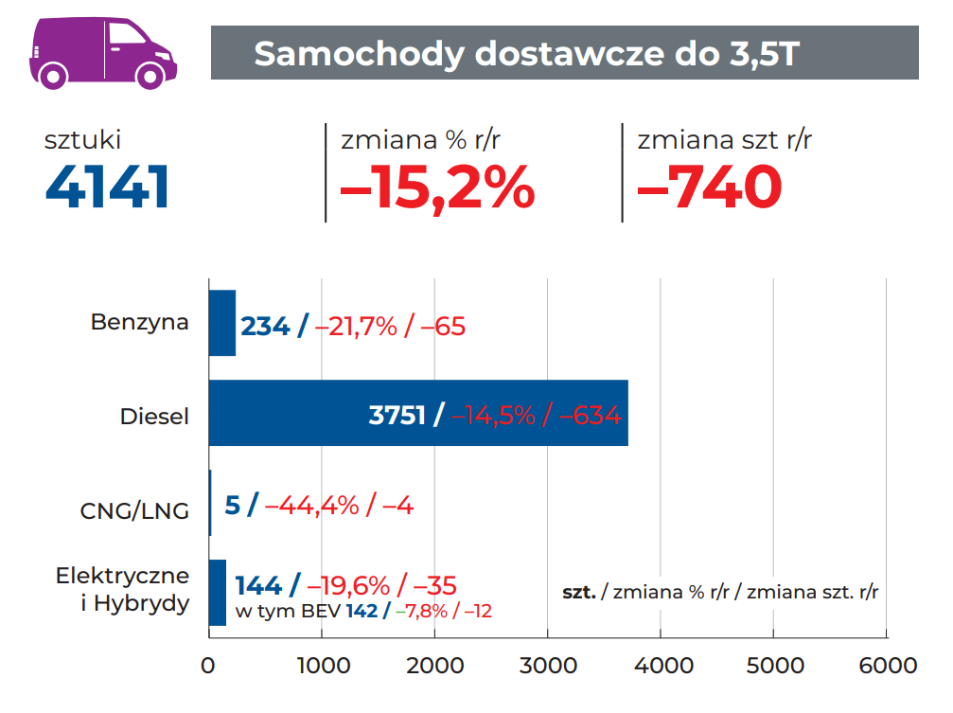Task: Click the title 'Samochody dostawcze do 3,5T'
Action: point(527,53)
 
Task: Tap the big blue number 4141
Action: point(107,187)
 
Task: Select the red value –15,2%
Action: point(437,187)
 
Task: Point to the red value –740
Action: point(710,187)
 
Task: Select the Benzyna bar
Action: point(221,323)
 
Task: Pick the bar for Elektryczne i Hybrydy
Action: point(218,592)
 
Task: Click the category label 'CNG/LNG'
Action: point(134,511)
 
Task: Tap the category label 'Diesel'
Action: point(154,416)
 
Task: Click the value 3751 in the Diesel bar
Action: point(397,415)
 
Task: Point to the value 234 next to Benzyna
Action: point(265,327)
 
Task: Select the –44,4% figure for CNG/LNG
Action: point(311,505)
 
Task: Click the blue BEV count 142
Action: point(362,611)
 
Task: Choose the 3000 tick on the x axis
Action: point(547,665)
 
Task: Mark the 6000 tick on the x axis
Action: point(887,665)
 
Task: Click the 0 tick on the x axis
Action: point(208,665)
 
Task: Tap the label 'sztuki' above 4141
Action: point(83,140)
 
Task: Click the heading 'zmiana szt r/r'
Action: point(725,140)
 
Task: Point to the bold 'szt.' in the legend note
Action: point(578,593)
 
